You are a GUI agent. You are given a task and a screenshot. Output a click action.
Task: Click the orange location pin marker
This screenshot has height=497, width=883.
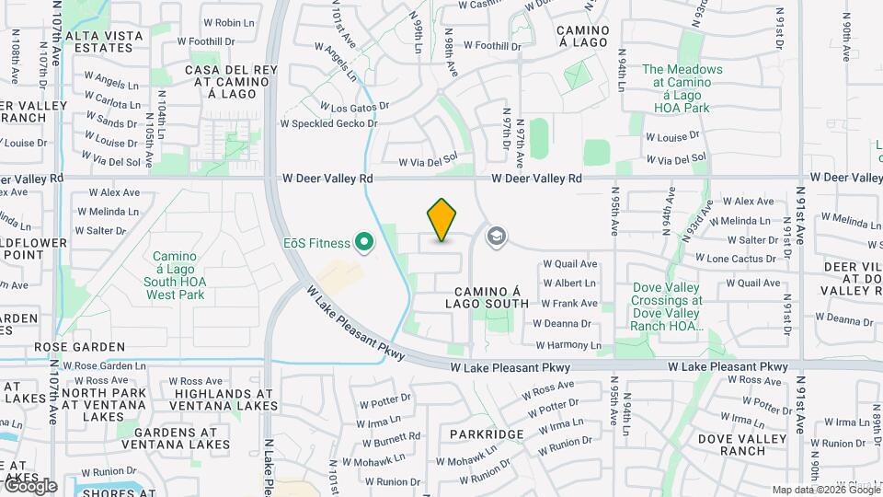tap(442, 220)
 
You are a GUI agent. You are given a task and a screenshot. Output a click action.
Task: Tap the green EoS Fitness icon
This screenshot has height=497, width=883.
tap(364, 243)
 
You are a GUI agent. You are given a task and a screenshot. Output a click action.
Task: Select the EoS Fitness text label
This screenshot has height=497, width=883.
tap(316, 243)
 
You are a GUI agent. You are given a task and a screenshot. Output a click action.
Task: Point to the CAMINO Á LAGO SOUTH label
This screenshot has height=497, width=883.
tap(487, 295)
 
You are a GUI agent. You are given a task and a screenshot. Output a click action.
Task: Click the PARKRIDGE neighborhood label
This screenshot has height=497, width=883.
tap(487, 433)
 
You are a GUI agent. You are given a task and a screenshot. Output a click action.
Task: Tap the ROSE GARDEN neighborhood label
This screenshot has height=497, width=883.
tap(79, 347)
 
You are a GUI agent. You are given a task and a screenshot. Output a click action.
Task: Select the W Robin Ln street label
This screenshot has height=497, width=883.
tap(221, 22)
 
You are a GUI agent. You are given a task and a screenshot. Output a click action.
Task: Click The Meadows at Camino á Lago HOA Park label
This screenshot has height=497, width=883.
tap(682, 88)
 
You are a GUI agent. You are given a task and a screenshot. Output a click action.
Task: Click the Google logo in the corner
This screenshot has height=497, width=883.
tap(29, 485)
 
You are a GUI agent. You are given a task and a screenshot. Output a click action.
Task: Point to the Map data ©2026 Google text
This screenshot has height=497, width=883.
tap(825, 490)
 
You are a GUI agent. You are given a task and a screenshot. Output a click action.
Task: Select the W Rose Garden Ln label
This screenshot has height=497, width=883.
tap(109, 365)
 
